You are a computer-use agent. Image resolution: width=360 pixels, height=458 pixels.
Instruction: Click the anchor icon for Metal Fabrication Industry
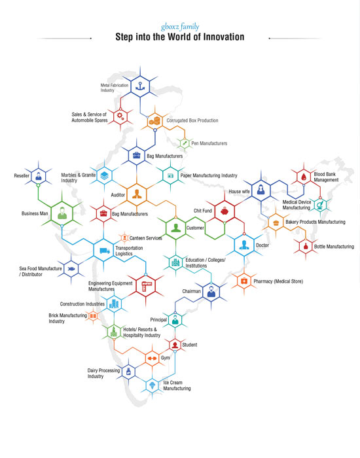[x=140, y=86]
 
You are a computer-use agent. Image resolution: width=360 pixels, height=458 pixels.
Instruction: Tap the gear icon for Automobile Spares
[x=120, y=116]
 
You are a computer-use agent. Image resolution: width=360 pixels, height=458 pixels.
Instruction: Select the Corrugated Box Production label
[x=192, y=120]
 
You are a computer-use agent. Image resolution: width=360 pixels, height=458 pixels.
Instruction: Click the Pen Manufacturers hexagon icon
[x=185, y=143]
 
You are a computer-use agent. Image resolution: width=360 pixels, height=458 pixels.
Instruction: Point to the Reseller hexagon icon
[x=38, y=176]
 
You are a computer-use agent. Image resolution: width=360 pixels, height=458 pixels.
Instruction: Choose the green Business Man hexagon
[x=62, y=213]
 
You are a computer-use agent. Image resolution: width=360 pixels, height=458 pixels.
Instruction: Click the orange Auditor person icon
[x=137, y=194]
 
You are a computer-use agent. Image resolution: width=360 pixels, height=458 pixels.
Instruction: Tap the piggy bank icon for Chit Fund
[x=225, y=211]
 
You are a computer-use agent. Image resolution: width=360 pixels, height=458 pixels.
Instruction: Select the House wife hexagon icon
[x=261, y=190]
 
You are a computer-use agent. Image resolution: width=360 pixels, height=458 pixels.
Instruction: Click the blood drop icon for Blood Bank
[x=304, y=177]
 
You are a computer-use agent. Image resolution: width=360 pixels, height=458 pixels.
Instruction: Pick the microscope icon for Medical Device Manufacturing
[x=320, y=204]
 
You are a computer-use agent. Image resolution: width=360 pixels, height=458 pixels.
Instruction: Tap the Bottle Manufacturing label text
[x=334, y=247]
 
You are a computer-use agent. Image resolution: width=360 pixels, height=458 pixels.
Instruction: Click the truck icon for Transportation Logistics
[x=104, y=251]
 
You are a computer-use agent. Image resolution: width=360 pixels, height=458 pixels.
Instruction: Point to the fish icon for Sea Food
[x=71, y=269]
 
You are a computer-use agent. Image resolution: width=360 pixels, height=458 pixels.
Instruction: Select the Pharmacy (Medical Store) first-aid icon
[x=244, y=281]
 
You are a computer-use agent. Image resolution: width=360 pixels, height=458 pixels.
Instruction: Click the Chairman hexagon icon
[x=211, y=291]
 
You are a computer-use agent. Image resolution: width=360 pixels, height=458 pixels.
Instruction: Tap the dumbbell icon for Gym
[x=152, y=359]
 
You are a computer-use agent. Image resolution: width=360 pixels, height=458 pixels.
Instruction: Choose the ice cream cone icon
[x=152, y=385]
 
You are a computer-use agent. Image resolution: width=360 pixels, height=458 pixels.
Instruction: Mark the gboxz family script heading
[x=180, y=27]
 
